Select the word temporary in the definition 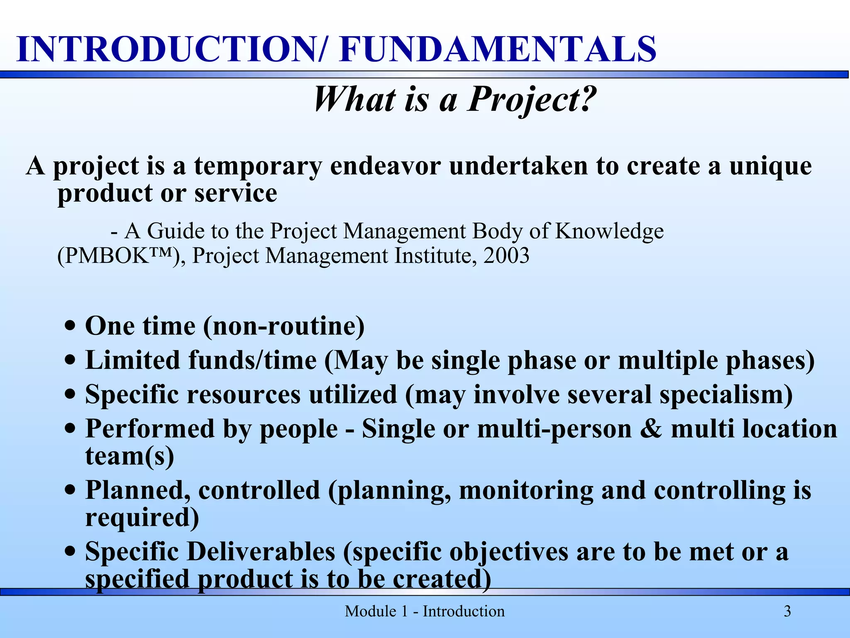(x=258, y=166)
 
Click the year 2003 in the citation (x=506, y=255)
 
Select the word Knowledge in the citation (x=609, y=231)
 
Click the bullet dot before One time (x=71, y=325)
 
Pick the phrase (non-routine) (x=284, y=326)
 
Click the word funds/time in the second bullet (x=252, y=360)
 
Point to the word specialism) (x=726, y=394)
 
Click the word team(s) (x=129, y=456)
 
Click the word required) (x=142, y=518)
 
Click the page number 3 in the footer (x=787, y=611)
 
